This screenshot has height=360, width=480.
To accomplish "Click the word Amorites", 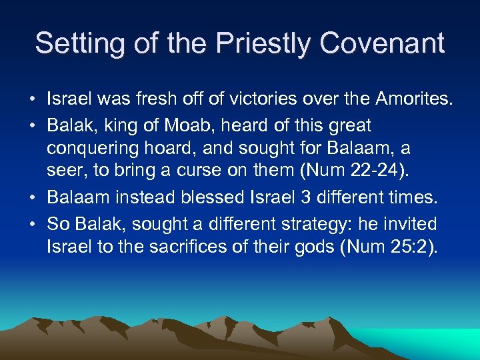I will click(413, 100).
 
